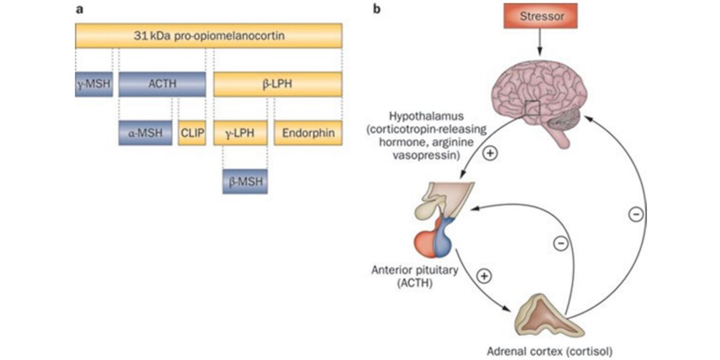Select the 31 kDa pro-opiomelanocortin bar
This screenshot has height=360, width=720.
pos(209,35)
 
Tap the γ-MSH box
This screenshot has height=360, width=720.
pos(94,85)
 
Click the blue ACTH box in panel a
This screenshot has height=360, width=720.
pos(162,85)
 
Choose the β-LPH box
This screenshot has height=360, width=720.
pos(278,85)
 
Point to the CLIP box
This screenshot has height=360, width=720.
pos(192,133)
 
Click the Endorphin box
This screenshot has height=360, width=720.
pos(308,133)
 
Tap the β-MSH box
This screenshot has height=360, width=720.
pos(245,181)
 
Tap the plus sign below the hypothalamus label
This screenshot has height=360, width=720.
pos(490,154)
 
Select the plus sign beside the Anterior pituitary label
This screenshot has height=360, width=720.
pos(484,276)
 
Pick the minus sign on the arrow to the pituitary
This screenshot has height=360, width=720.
pos(560,244)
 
